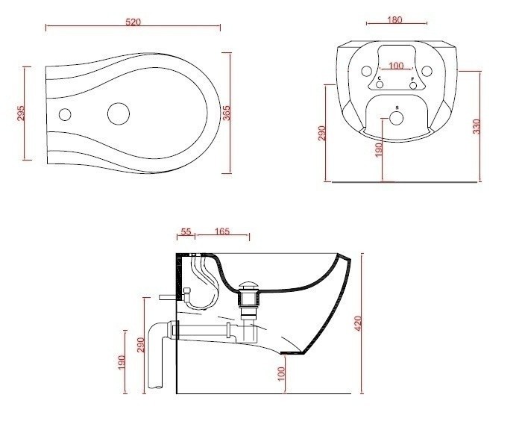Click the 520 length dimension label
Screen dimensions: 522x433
[133, 22]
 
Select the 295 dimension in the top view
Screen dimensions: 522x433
[21, 113]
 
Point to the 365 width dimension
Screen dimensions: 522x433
[227, 113]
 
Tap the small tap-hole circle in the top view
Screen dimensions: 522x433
[65, 114]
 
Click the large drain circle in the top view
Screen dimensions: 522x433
[119, 114]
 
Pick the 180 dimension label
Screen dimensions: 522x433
[394, 19]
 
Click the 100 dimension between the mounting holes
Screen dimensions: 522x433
[396, 66]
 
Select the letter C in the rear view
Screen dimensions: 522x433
[379, 78]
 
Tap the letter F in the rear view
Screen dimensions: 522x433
[412, 78]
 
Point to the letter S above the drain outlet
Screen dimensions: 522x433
[397, 108]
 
